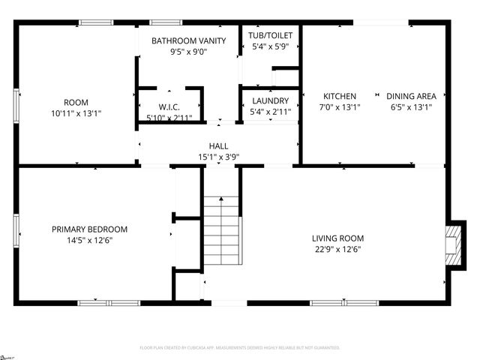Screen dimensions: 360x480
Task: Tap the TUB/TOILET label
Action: click(271, 35)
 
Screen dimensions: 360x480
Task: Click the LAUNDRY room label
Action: click(271, 100)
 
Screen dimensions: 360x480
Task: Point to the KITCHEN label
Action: click(340, 96)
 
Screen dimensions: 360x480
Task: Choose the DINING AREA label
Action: click(411, 96)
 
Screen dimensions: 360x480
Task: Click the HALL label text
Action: click(218, 146)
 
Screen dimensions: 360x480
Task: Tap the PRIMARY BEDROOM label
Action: click(89, 229)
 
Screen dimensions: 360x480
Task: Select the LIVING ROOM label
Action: click(337, 238)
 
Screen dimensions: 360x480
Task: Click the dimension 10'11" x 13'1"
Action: click(76, 113)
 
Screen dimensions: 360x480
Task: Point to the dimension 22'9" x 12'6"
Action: click(337, 250)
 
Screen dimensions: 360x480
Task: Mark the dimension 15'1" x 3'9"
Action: click(218, 157)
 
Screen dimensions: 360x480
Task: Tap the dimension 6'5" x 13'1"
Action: click(411, 107)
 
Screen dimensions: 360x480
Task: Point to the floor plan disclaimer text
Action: click(240, 348)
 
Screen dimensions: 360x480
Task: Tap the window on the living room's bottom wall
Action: click(334, 302)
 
